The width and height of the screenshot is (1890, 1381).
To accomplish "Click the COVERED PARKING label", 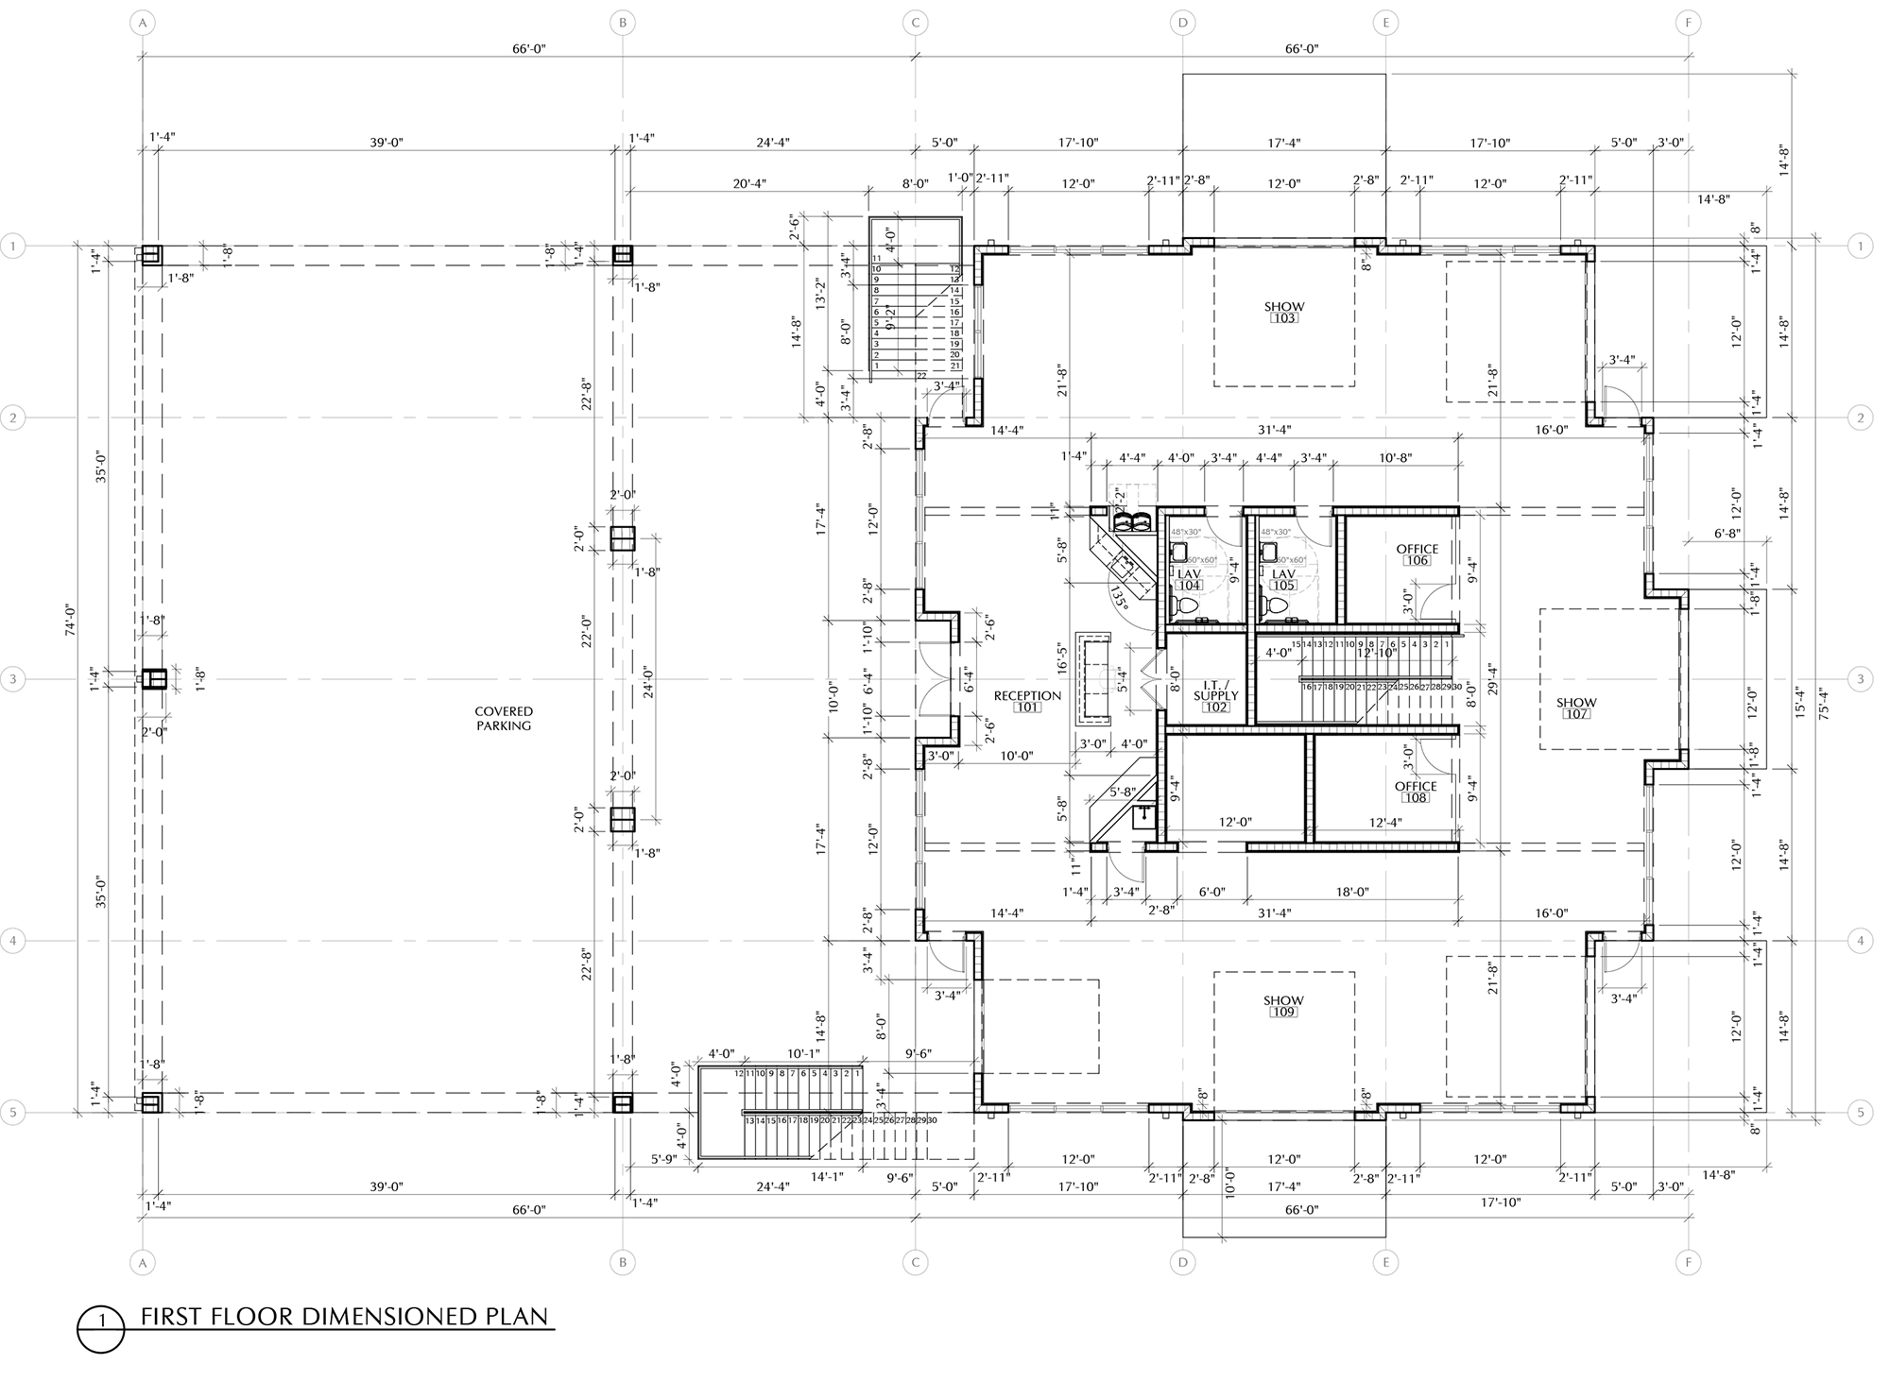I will coord(504,719).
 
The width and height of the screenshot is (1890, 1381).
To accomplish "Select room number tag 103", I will coord(1284,318).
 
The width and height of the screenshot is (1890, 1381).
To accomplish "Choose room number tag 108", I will coord(1416,798).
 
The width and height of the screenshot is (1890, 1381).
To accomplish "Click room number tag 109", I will coord(1283,1013).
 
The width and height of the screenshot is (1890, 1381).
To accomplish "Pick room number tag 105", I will coord(1283,586).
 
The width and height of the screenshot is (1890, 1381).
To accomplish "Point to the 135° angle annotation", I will coord(1119,598).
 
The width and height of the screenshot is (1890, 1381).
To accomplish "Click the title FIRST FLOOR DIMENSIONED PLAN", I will coord(344,1317).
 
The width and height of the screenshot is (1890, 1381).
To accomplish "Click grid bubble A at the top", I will coord(143,22).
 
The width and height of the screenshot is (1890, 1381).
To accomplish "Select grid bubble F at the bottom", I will coord(1688,1262).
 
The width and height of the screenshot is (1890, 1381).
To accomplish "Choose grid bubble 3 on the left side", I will coord(13,678).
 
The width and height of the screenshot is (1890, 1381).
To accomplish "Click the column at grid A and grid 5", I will coord(151,1102).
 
